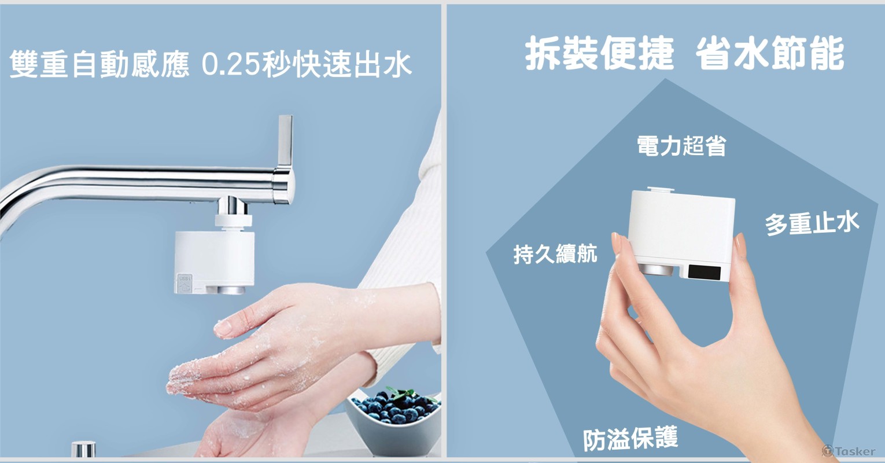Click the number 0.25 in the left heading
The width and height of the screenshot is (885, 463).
[x=231, y=64]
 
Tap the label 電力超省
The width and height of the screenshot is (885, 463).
[x=681, y=145]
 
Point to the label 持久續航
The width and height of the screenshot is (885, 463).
[x=555, y=253]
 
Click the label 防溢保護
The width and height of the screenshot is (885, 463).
[x=630, y=438]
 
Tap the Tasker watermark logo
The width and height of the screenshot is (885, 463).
[x=849, y=451]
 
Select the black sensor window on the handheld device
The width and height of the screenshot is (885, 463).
[x=704, y=272]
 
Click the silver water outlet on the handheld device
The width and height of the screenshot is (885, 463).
[x=657, y=270]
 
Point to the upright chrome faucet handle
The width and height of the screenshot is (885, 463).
[x=285, y=140]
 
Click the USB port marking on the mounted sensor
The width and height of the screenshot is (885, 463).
[x=185, y=283]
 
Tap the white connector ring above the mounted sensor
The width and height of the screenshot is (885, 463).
[x=233, y=221]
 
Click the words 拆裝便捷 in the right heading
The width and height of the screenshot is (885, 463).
[x=599, y=53]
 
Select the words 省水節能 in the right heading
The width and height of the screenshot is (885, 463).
[x=770, y=53]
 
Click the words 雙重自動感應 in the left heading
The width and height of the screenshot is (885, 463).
[x=99, y=64]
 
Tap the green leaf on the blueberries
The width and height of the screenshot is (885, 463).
[x=403, y=394]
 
